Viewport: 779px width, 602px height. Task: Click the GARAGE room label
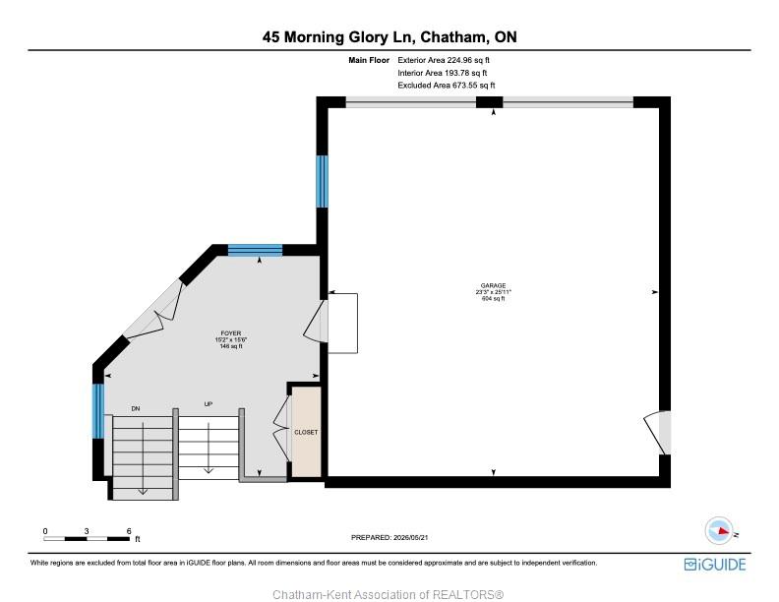pyautogui.click(x=493, y=285)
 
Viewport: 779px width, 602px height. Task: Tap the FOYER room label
pyautogui.click(x=231, y=333)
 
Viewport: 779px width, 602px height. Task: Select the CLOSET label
pyautogui.click(x=306, y=432)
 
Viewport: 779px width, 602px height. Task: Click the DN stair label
pyautogui.click(x=136, y=409)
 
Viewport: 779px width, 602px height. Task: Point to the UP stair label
pyautogui.click(x=209, y=404)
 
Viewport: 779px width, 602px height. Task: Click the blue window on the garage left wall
pyautogui.click(x=322, y=181)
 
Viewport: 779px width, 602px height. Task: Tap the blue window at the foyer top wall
pyautogui.click(x=255, y=250)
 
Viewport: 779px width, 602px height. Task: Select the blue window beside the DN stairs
pyautogui.click(x=98, y=411)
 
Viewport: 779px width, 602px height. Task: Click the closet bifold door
pyautogui.click(x=281, y=428)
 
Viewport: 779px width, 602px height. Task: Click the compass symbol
pyautogui.click(x=719, y=530)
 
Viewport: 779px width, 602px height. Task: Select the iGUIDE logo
pyautogui.click(x=715, y=565)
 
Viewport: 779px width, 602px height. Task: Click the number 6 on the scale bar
pyautogui.click(x=129, y=531)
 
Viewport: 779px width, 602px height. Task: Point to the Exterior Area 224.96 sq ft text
pyautogui.click(x=444, y=60)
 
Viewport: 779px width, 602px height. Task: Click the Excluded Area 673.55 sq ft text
pyautogui.click(x=447, y=85)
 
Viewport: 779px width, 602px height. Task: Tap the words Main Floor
pyautogui.click(x=369, y=60)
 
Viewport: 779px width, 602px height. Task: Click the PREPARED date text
pyautogui.click(x=389, y=537)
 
